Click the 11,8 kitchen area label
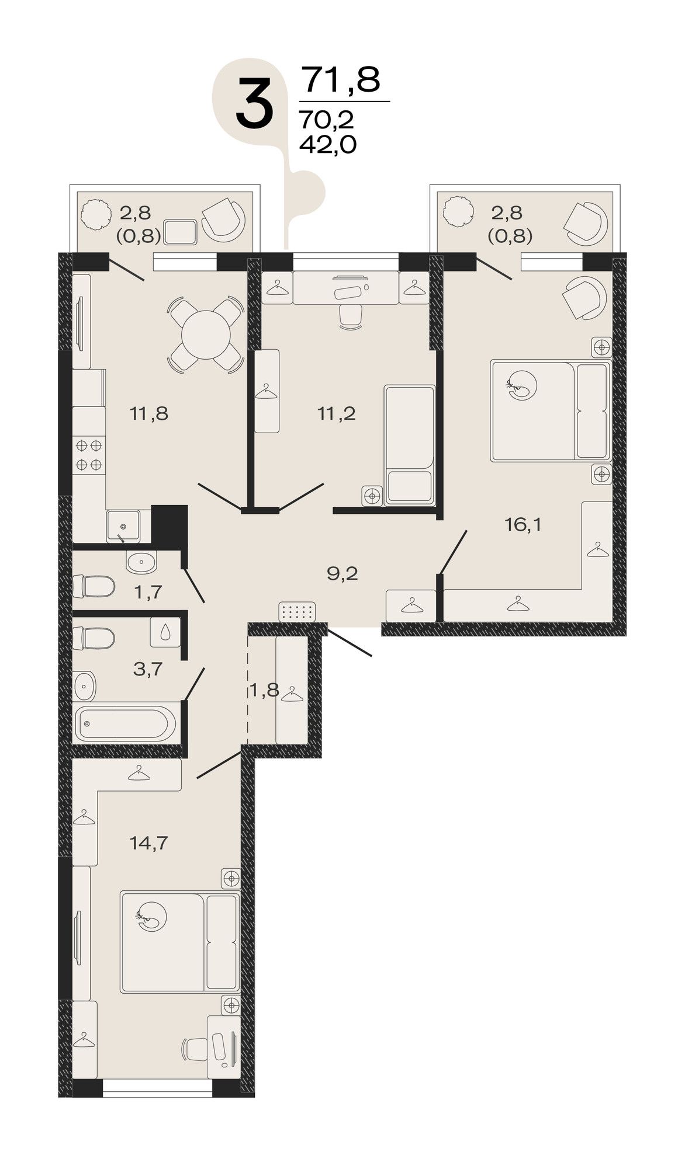[x=149, y=414]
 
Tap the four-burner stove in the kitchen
[x=89, y=455]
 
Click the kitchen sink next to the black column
[x=123, y=525]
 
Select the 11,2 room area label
[x=337, y=414]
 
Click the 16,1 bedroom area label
[x=523, y=525]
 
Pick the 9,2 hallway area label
[x=343, y=573]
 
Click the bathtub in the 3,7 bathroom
[x=124, y=724]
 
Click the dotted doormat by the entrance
[x=297, y=612]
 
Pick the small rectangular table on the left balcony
[x=181, y=232]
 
